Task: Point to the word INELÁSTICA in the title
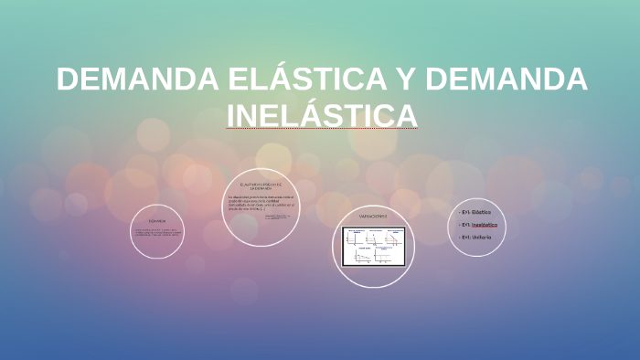pyautogui.click(x=321, y=116)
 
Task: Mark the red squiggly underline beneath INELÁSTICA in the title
pyautogui.click(x=321, y=130)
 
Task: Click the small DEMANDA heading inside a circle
pyautogui.click(x=157, y=220)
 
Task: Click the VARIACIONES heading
pyautogui.click(x=373, y=217)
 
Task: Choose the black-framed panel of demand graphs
pyautogui.click(x=373, y=245)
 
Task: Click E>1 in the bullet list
pyautogui.click(x=465, y=211)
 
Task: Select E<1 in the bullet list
pyautogui.click(x=465, y=224)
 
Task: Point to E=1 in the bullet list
pyautogui.click(x=465, y=237)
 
